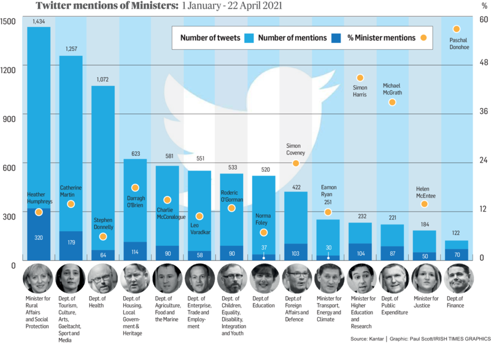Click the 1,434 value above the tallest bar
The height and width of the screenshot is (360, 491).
pos(38,21)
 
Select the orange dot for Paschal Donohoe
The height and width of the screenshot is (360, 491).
pos(456,29)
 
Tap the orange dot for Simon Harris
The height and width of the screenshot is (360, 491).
pos(360,78)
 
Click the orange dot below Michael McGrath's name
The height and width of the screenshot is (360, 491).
pos(392,102)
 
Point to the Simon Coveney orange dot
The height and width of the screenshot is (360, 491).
pos(296,163)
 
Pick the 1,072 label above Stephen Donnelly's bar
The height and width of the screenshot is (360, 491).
pos(102,80)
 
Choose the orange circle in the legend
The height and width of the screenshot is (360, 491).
pos(423,38)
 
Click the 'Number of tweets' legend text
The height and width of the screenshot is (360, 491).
pos(211,38)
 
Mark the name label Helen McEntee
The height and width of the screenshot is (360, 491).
pos(424,191)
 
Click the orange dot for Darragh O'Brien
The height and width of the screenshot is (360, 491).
pos(135,188)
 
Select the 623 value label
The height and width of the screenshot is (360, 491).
pos(135,153)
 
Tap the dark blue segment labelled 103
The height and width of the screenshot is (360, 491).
pos(296,252)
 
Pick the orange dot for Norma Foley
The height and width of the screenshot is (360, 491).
pos(264,232)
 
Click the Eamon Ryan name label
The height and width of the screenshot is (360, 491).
pos(328,191)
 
